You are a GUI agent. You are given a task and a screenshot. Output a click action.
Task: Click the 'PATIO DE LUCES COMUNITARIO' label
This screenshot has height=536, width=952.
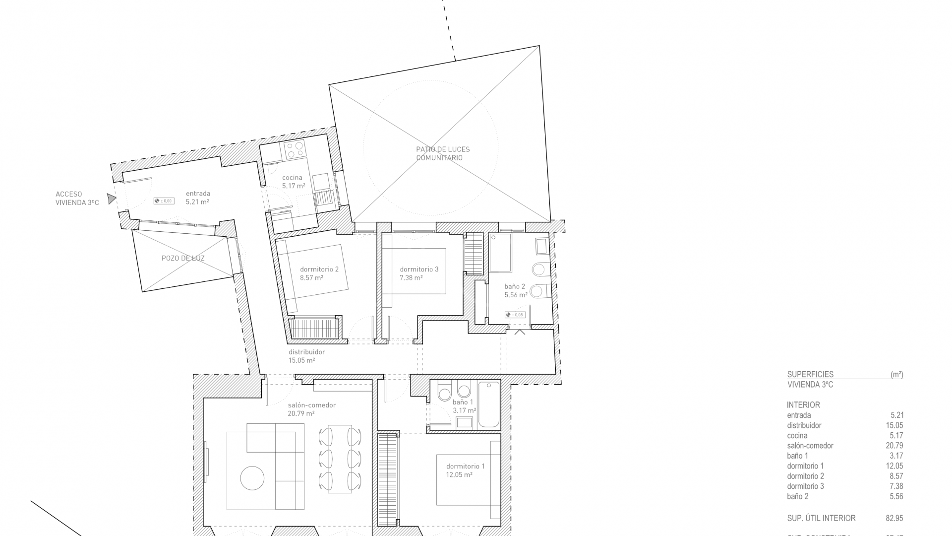[442, 153]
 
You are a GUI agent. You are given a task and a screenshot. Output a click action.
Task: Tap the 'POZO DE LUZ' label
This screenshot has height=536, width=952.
[183, 258]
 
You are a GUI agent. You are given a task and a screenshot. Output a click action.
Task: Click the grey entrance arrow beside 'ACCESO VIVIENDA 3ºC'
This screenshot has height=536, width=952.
[112, 199]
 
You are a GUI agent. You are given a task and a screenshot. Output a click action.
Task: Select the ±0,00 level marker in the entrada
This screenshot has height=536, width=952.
[164, 201]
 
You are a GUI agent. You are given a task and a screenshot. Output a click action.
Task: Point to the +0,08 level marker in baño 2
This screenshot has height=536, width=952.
[515, 315]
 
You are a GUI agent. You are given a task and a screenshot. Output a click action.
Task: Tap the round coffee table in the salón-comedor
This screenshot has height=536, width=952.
[252, 478]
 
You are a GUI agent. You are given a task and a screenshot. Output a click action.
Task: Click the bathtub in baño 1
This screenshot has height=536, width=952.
[488, 404]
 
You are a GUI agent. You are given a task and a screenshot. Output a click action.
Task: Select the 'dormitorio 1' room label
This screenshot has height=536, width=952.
[465, 466]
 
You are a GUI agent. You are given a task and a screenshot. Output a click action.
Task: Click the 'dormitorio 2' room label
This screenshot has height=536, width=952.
[319, 269]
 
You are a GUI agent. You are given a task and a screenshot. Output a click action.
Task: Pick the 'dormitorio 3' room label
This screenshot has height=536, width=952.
[419, 269]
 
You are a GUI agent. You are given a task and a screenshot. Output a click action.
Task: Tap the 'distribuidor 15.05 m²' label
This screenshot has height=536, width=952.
[307, 356]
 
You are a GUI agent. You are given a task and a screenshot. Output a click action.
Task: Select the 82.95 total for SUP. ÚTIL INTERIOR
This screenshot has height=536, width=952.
[894, 518]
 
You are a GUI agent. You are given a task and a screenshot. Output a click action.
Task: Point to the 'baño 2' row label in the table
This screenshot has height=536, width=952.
[797, 496]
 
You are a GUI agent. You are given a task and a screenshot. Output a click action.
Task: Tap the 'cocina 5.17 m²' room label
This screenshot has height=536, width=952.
[293, 182]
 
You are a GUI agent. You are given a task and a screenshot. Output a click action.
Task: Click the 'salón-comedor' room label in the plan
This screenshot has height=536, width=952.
[311, 405]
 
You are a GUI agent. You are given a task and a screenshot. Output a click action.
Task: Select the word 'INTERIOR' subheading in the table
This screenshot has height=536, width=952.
[803, 405]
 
